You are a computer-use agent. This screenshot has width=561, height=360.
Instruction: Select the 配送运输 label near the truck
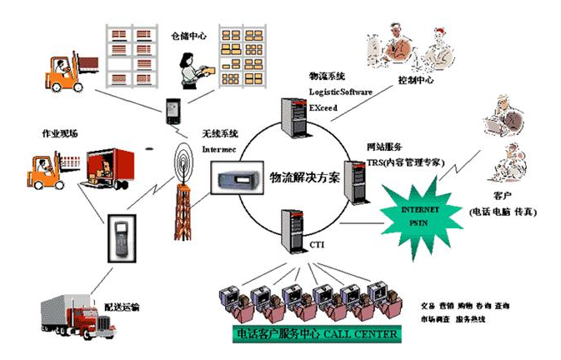[x=123, y=307]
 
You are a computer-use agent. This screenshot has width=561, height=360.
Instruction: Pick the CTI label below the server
[x=318, y=245]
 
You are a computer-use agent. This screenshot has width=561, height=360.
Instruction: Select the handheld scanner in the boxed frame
[x=121, y=237]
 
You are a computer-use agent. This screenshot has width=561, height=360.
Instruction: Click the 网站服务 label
[x=384, y=146]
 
